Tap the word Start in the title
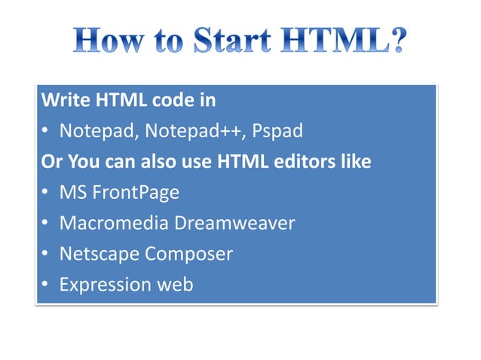click(234, 41)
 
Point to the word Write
click(63, 100)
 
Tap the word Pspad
click(277, 131)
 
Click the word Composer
click(189, 255)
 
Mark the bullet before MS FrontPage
click(45, 194)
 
